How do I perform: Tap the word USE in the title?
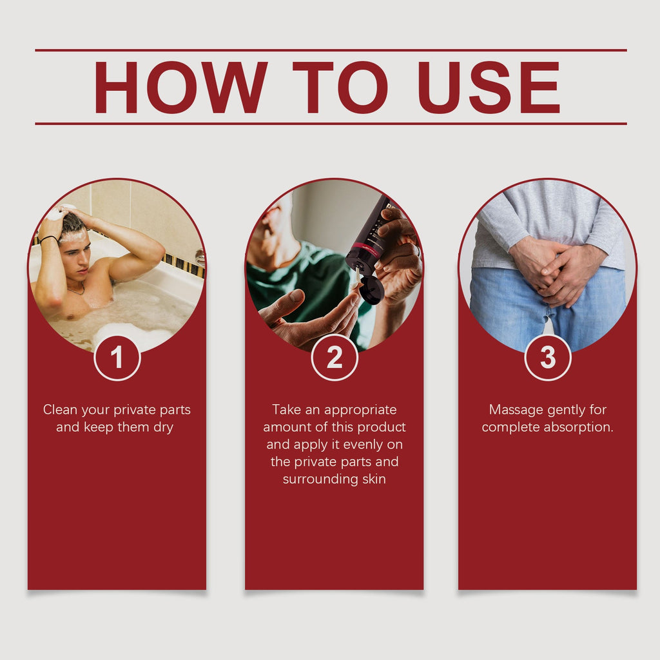pos(489,87)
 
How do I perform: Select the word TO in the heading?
pos(340,87)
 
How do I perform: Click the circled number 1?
pos(117,357)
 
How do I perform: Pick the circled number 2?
pos(335,357)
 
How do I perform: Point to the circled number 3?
pos(548,357)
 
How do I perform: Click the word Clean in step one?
pos(60,409)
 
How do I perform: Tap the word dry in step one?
pos(163,428)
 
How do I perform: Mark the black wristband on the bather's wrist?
pos(49,238)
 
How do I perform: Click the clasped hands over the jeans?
pos(556,270)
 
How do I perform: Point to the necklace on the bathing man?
pos(76,289)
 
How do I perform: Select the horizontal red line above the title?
pos(331,50)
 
